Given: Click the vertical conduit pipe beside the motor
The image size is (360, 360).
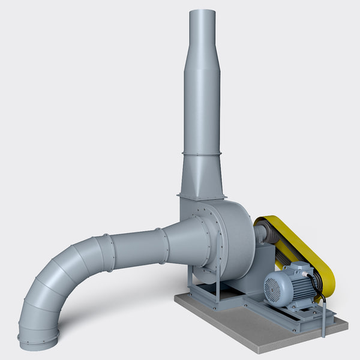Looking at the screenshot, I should pyautogui.click(x=325, y=318).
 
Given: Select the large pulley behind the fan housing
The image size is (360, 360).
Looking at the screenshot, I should pyautogui.click(x=268, y=233).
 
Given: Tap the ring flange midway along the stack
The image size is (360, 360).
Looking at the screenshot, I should pyautogui.click(x=202, y=154).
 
